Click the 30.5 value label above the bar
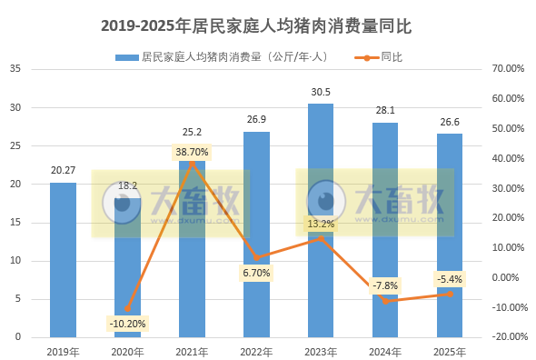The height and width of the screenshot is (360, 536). click(x=320, y=92)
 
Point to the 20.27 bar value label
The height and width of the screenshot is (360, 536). click(x=63, y=169)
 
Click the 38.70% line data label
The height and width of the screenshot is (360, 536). click(x=192, y=152)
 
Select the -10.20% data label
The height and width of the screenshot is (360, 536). click(x=127, y=323)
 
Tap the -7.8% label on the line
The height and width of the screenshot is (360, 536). click(x=384, y=285)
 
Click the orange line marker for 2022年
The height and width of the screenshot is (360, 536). click(x=256, y=257)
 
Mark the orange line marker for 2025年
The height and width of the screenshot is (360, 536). click(x=449, y=294)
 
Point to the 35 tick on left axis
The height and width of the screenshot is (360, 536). click(x=15, y=68)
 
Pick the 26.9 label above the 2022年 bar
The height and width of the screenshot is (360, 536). click(x=256, y=119)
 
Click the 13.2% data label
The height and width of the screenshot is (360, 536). click(x=320, y=224)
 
